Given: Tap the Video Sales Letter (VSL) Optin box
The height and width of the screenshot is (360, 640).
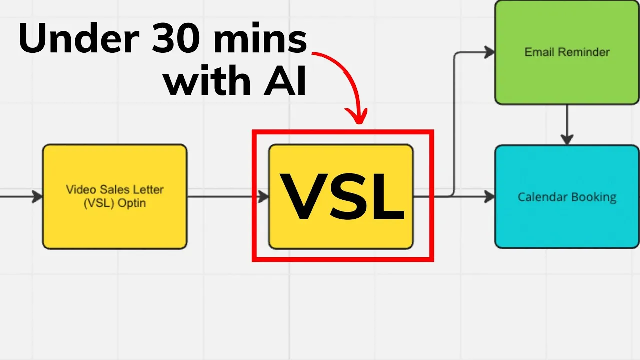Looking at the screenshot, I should coord(115,220).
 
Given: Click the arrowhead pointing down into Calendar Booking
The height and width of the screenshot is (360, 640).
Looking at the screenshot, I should coord(566,140).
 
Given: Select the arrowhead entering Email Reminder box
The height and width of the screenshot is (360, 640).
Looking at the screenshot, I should coord(489,52).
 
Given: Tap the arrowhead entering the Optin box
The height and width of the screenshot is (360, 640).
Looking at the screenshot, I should coord(38,197).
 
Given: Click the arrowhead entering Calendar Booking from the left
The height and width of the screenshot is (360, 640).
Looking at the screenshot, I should coord(489,197).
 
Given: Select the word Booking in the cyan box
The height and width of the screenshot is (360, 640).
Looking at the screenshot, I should coord(593,197).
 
